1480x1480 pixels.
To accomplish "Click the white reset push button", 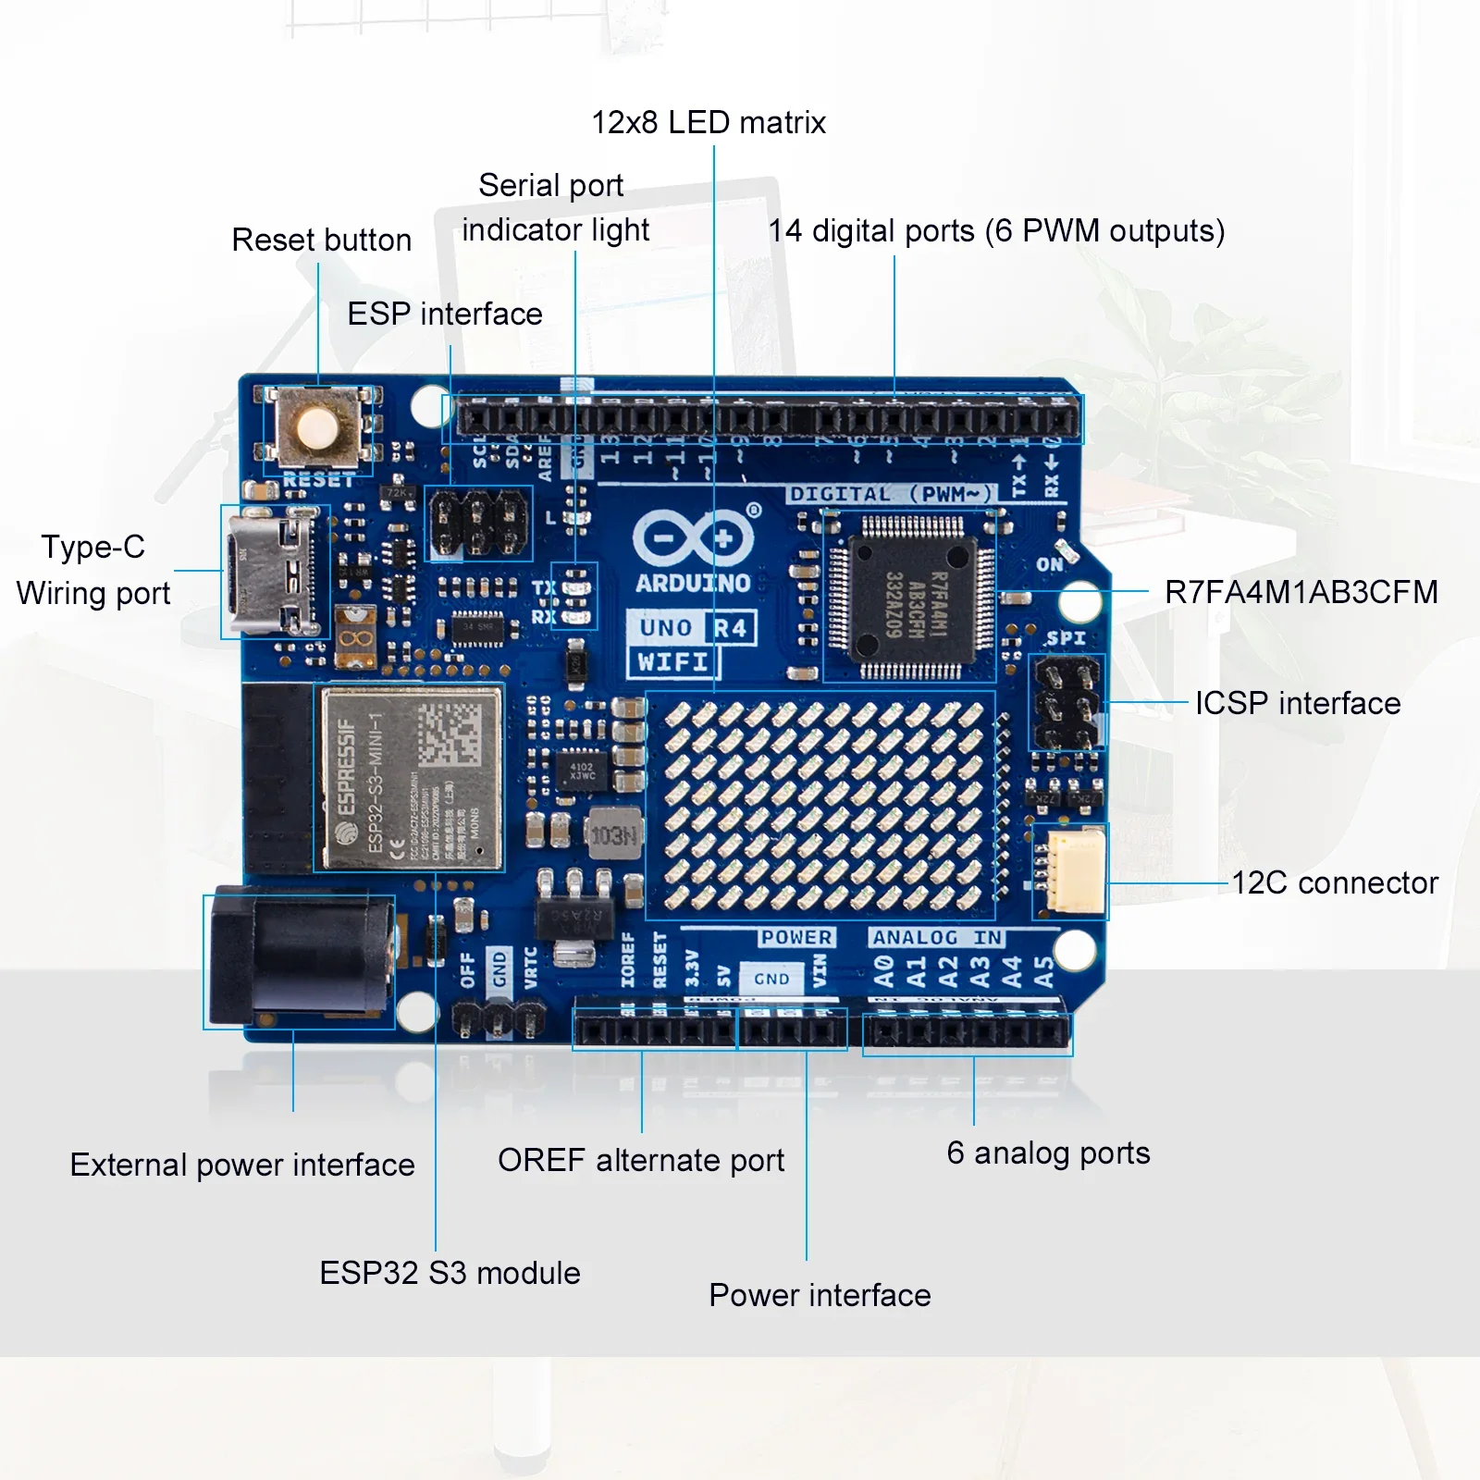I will (317, 428).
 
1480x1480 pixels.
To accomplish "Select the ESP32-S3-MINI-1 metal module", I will (411, 778).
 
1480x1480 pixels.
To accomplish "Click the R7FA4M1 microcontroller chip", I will (911, 597).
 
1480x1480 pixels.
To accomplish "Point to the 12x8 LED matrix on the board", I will (821, 803).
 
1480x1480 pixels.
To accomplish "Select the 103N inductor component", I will (613, 836).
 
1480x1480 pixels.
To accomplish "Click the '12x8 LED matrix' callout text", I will (708, 122).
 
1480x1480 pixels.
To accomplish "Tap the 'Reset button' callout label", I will (321, 240).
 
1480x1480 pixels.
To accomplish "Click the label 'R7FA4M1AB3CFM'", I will (1301, 592).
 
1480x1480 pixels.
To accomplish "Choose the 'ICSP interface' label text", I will (1297, 703).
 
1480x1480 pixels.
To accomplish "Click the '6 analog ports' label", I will (1048, 1153).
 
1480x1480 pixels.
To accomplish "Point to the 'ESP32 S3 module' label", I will (450, 1273).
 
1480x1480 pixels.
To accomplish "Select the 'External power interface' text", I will (242, 1165).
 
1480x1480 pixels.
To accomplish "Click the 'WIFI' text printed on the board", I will (672, 662).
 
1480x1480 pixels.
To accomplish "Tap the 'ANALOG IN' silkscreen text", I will (936, 937).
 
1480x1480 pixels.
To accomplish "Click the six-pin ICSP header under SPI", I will (1067, 703).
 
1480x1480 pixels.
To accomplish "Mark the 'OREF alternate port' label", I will (640, 1160).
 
